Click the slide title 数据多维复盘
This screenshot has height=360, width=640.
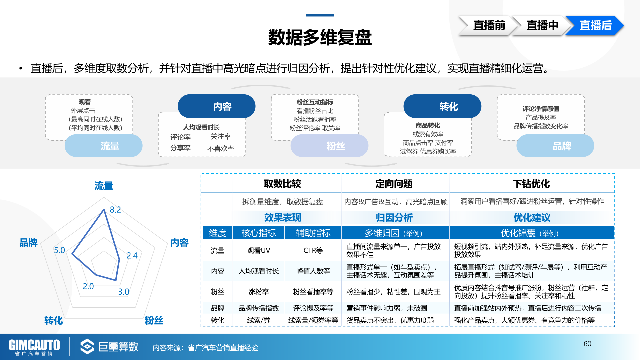(320, 37)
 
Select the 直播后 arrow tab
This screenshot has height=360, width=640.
(595, 25)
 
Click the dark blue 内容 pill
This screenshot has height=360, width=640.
(217, 106)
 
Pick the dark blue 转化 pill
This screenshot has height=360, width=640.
(442, 106)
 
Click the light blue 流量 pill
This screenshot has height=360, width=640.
(104, 146)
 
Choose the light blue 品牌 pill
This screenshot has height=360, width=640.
(555, 146)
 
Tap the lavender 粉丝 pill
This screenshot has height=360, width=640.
(329, 146)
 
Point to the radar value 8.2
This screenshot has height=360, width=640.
(115, 210)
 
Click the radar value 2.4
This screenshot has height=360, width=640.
(132, 256)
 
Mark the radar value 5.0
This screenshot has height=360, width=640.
(59, 250)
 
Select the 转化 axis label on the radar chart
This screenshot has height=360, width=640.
(54, 320)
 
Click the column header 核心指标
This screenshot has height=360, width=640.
(259, 233)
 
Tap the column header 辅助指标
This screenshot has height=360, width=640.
(313, 233)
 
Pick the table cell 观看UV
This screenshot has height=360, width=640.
(259, 250)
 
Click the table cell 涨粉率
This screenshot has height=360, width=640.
(259, 292)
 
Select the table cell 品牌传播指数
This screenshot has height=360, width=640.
(259, 308)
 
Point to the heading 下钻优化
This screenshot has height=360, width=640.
(531, 184)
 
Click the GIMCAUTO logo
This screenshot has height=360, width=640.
(34, 347)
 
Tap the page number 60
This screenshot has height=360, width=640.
(587, 344)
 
